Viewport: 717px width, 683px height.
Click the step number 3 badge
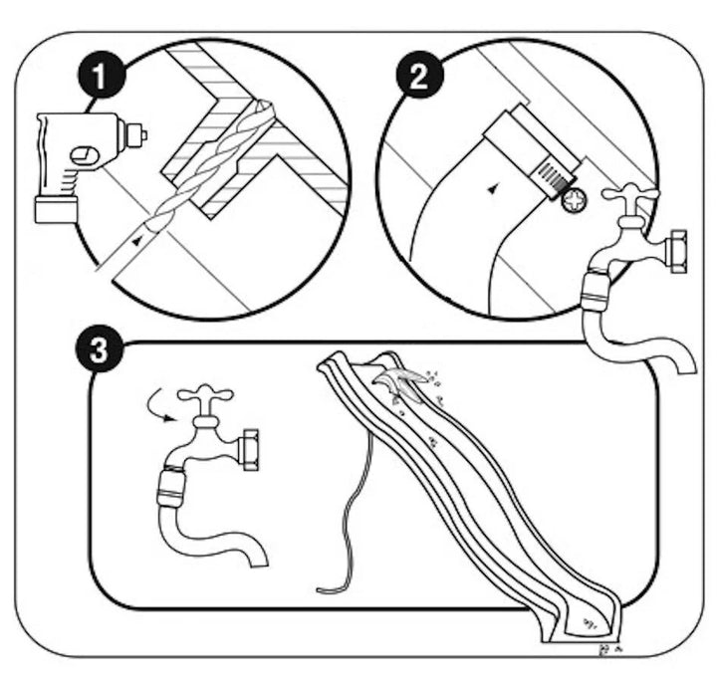click(x=98, y=351)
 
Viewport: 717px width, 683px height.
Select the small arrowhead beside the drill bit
click(x=137, y=240)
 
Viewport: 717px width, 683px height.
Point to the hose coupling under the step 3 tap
click(x=175, y=491)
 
